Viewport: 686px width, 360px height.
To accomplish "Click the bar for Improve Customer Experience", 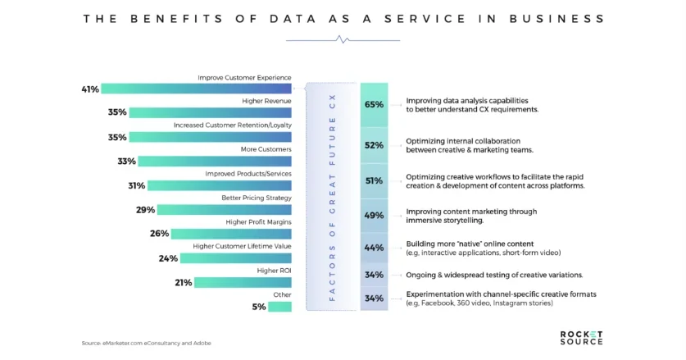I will [197, 89].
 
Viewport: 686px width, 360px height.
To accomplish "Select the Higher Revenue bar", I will [210, 112].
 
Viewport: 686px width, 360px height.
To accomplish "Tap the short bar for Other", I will [279, 307].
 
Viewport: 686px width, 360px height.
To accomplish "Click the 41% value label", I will [90, 89].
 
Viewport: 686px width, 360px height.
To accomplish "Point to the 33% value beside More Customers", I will [125, 162].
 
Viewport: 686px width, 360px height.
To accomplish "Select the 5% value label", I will [259, 307].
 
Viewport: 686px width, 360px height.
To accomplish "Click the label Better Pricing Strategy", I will [256, 198].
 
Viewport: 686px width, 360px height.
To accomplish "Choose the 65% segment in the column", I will [374, 105].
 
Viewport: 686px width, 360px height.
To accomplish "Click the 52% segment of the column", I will [374, 145].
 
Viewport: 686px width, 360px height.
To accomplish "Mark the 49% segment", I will [374, 216].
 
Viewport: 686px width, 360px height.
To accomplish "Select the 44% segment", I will [374, 248].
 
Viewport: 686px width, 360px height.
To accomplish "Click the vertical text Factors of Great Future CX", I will [332, 197].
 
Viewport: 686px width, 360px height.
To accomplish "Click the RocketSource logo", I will [581, 337].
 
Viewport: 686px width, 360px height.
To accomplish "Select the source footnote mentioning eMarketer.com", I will [146, 343].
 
